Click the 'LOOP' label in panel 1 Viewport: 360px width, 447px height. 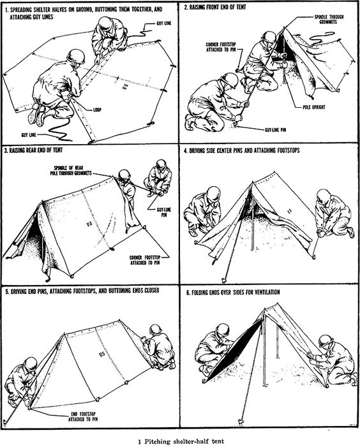click(97, 110)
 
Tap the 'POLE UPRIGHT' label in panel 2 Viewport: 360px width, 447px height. click(314, 107)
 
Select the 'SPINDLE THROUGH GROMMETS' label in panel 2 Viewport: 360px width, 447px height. click(329, 19)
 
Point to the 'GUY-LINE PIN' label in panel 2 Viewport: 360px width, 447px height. click(275, 129)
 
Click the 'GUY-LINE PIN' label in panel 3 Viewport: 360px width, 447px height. click(164, 212)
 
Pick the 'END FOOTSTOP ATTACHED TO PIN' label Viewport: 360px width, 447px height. click(83, 416)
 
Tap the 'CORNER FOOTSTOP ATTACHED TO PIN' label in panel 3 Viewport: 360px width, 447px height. click(145, 260)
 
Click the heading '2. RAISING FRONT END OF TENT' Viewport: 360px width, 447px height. click(215, 8)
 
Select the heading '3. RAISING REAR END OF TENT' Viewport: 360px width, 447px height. click(33, 150)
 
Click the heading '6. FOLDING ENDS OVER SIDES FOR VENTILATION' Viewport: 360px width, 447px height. click(233, 292)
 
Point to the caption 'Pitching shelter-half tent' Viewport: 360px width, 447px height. click(184, 442)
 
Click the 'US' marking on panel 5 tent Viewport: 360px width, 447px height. click(102, 354)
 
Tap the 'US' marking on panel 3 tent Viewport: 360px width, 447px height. click(89, 224)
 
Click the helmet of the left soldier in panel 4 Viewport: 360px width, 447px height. click(214, 194)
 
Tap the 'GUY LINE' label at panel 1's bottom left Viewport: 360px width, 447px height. click(29, 135)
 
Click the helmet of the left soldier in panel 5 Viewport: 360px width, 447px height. click(30, 363)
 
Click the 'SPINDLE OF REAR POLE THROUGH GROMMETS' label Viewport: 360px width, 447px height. click(71, 170)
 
